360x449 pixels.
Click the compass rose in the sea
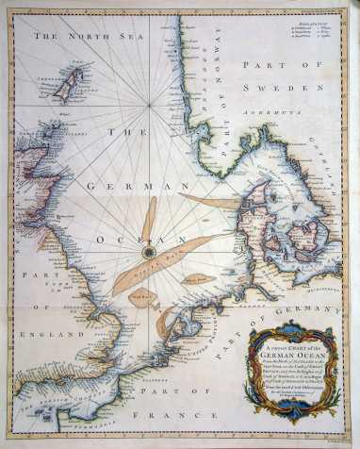pos(149,252)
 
